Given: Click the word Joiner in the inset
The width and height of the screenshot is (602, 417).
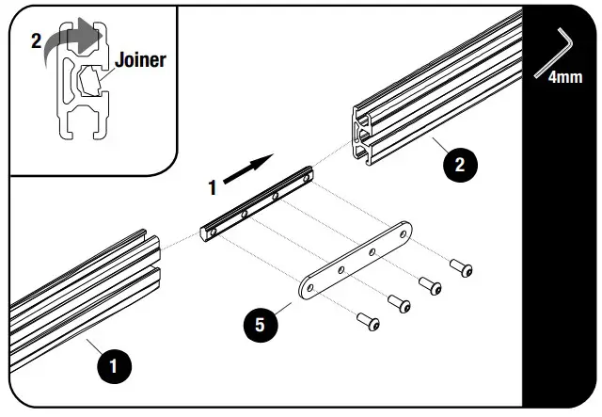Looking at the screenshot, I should coord(140,60).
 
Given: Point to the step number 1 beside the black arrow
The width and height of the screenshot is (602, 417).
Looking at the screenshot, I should coord(214,186).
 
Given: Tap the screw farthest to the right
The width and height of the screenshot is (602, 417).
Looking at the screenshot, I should coord(463,268).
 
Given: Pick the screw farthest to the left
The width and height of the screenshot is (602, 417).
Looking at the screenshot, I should coord(369,321).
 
